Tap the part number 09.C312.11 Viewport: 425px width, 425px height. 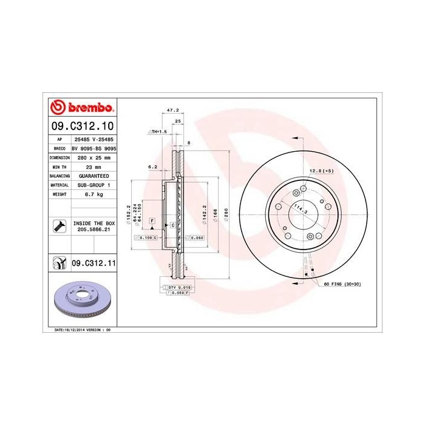click(93, 263)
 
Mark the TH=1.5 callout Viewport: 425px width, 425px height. click(157, 131)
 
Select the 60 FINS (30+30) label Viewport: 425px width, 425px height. click(342, 284)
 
